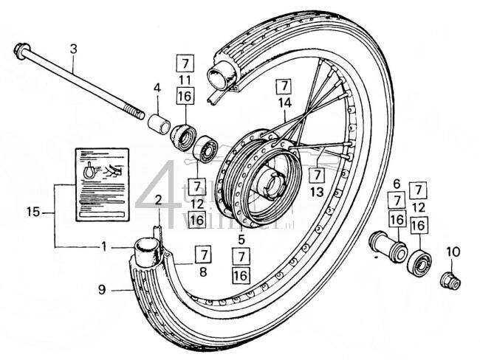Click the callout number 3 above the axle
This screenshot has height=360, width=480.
tap(73, 49)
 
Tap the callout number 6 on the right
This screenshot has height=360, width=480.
tap(396, 184)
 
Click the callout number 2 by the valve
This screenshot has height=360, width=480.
tap(159, 198)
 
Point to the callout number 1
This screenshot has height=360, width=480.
tap(103, 245)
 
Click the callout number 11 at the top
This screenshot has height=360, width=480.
tap(185, 78)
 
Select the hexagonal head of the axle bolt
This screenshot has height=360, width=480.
tap(20, 52)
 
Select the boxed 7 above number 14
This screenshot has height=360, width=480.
tap(282, 83)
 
